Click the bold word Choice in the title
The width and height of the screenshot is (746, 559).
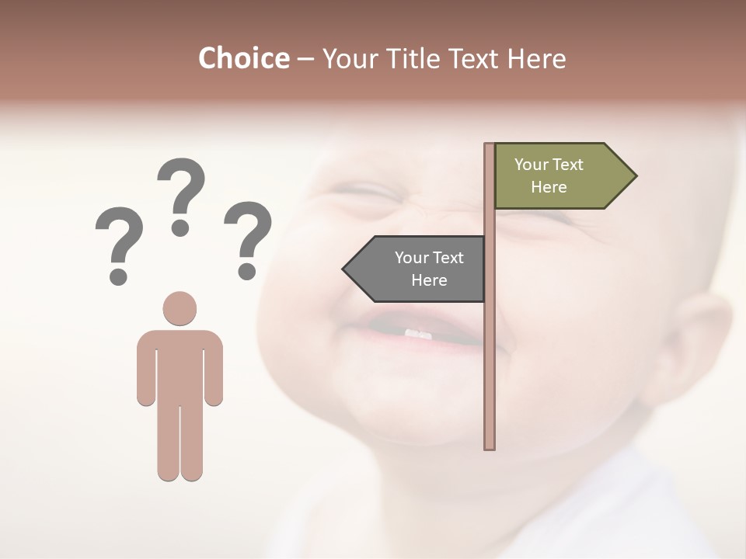pos(243,58)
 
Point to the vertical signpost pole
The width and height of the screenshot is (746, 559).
pos(490,349)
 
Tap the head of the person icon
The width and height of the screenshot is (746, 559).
pos(180,308)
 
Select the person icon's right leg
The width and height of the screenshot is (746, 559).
pos(191,435)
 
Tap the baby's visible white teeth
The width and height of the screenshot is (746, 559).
pos(418,334)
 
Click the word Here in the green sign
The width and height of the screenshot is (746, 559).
pos(549,187)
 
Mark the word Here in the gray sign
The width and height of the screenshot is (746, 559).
pos(429,280)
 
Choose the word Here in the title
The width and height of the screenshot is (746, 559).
pos(536,58)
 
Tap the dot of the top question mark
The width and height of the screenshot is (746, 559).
pos(180,227)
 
